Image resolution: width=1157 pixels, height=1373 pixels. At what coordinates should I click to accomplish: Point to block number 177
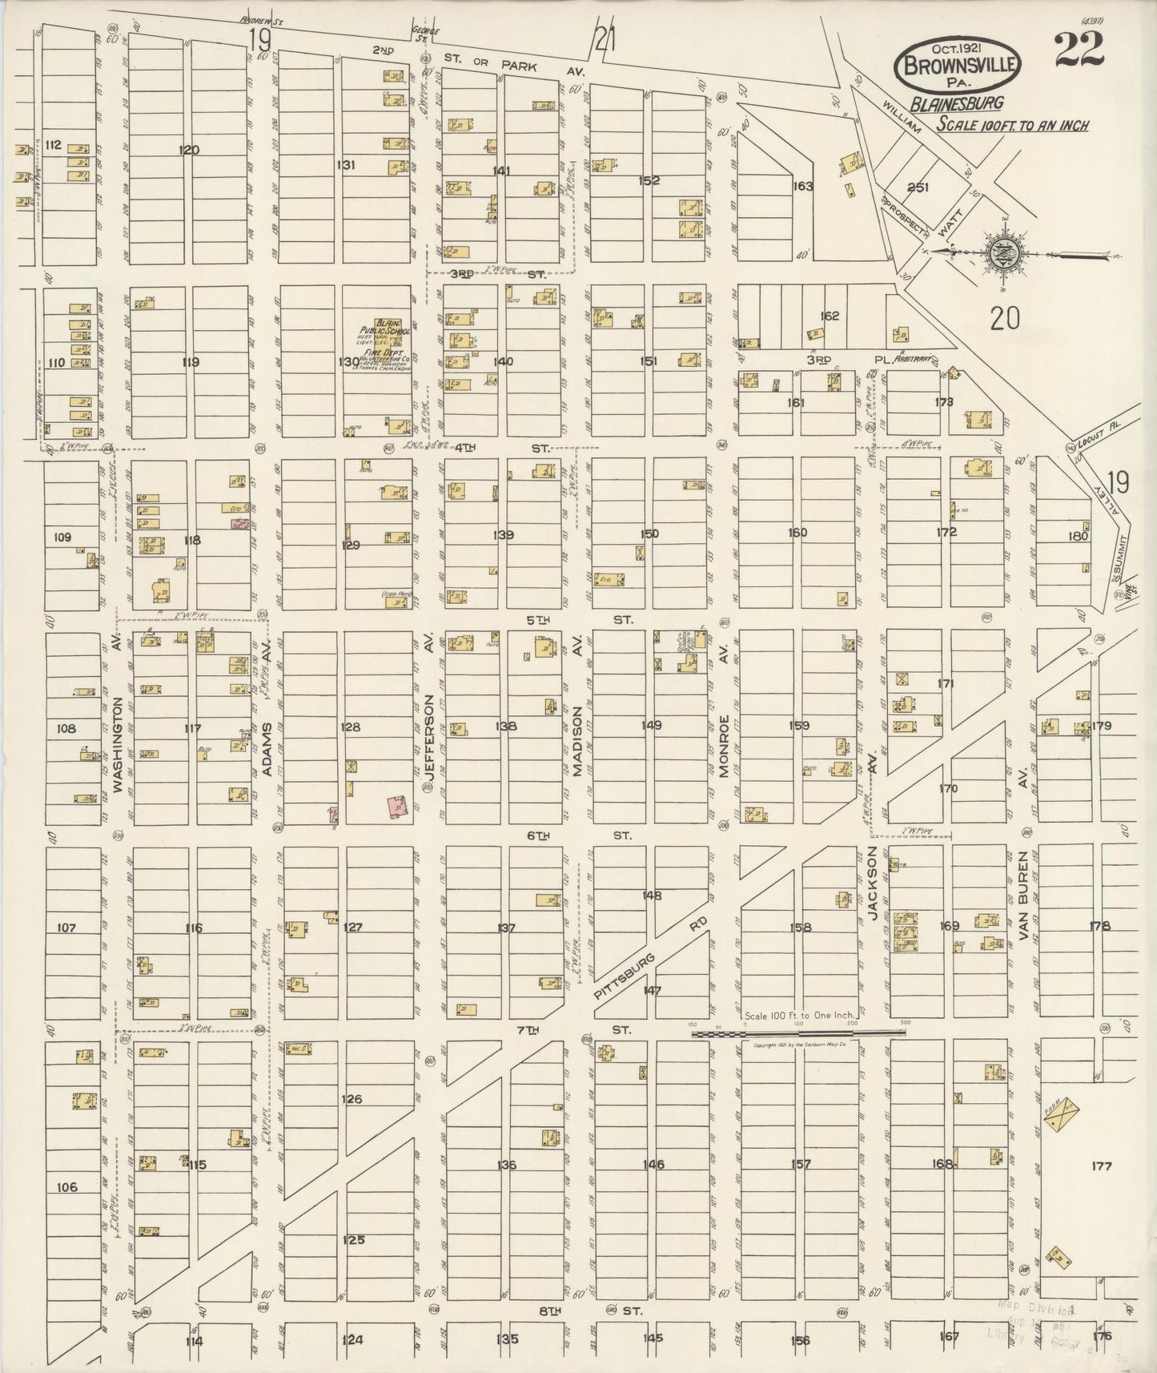(1102, 1166)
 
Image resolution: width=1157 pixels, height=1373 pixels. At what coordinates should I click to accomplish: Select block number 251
(918, 187)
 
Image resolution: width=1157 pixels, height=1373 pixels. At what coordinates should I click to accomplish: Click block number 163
(802, 187)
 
